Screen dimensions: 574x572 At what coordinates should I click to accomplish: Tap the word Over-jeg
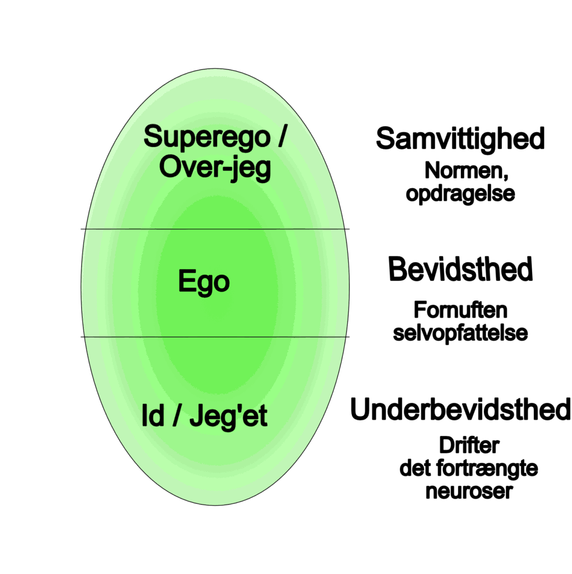215,168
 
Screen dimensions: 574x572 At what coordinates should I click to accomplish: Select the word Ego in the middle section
204,281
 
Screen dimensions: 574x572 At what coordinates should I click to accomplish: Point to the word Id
153,416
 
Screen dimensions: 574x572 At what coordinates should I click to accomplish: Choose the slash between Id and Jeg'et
176,417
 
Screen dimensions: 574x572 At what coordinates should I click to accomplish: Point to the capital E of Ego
186,281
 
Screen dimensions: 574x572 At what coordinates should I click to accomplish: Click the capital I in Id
145,416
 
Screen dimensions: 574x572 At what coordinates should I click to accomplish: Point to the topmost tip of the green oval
215,70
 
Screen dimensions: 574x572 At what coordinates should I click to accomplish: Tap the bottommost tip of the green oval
215,504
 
